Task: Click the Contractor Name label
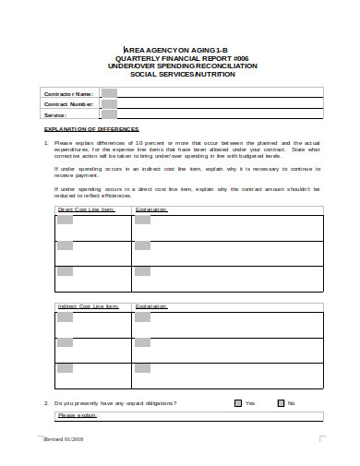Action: pyautogui.click(x=68, y=93)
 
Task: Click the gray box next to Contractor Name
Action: pyautogui.click(x=109, y=93)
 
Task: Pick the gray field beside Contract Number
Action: pyautogui.click(x=109, y=104)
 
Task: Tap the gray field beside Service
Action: pyautogui.click(x=109, y=115)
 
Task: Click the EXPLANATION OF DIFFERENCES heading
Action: pyautogui.click(x=82, y=130)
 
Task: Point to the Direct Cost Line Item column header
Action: pyautogui.click(x=86, y=210)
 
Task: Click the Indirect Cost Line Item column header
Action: pyautogui.click(x=89, y=306)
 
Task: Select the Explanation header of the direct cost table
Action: pyautogui.click(x=151, y=210)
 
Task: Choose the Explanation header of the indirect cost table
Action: pyautogui.click(x=151, y=306)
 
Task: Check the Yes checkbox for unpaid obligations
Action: pyautogui.click(x=238, y=403)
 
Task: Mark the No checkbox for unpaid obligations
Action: pyautogui.click(x=281, y=403)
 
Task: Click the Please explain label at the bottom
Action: pyautogui.click(x=77, y=415)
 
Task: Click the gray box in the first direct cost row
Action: pyautogui.click(x=65, y=222)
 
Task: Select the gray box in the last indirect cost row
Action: pyautogui.click(x=65, y=367)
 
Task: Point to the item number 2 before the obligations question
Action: pyautogui.click(x=46, y=403)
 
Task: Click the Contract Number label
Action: pyautogui.click(x=70, y=104)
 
